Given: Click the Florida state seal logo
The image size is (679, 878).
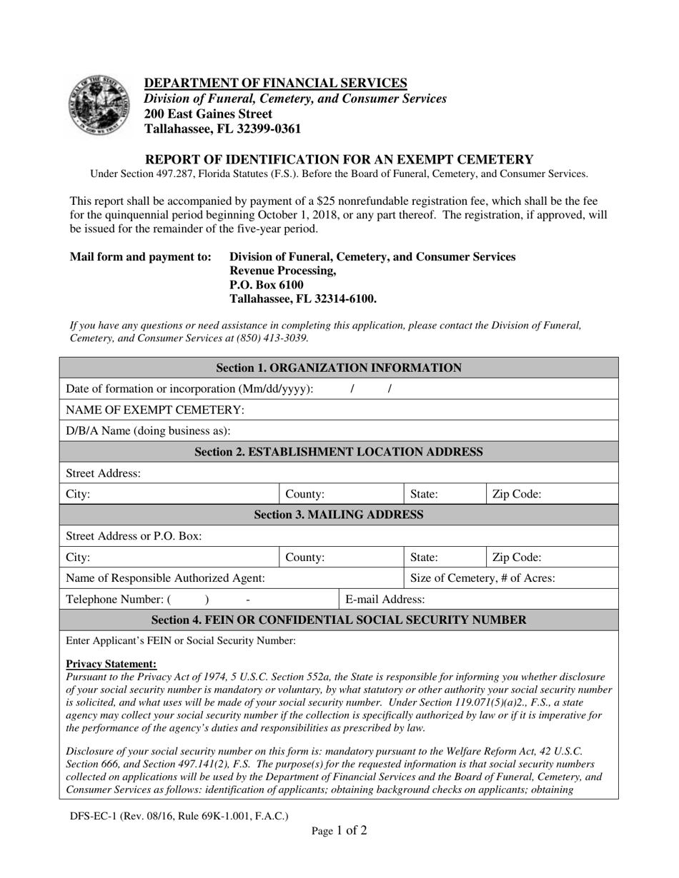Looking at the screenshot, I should tap(100, 106).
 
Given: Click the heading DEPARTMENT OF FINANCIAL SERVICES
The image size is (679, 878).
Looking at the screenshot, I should tap(276, 83).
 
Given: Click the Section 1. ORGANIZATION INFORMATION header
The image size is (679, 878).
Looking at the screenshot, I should tap(339, 368).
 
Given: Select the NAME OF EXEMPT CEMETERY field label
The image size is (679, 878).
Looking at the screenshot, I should tap(155, 410).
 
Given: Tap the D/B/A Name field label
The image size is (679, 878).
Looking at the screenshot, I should tap(148, 430).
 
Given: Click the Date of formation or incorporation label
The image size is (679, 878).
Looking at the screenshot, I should tap(189, 389).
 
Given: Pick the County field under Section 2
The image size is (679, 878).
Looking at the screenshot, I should tap(305, 494).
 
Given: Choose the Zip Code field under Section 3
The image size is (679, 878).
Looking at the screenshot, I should tap(517, 557).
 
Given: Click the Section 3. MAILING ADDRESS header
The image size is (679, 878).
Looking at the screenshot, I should tap(339, 515).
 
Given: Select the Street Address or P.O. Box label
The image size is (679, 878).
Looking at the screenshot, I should tap(134, 536).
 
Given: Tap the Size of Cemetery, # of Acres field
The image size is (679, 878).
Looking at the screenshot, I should tap(483, 578).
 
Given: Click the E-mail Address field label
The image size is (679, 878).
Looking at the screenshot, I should tap(385, 599).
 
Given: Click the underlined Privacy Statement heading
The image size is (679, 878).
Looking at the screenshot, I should tap(111, 664).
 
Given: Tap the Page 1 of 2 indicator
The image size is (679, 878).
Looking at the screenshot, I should tap(339, 830).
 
